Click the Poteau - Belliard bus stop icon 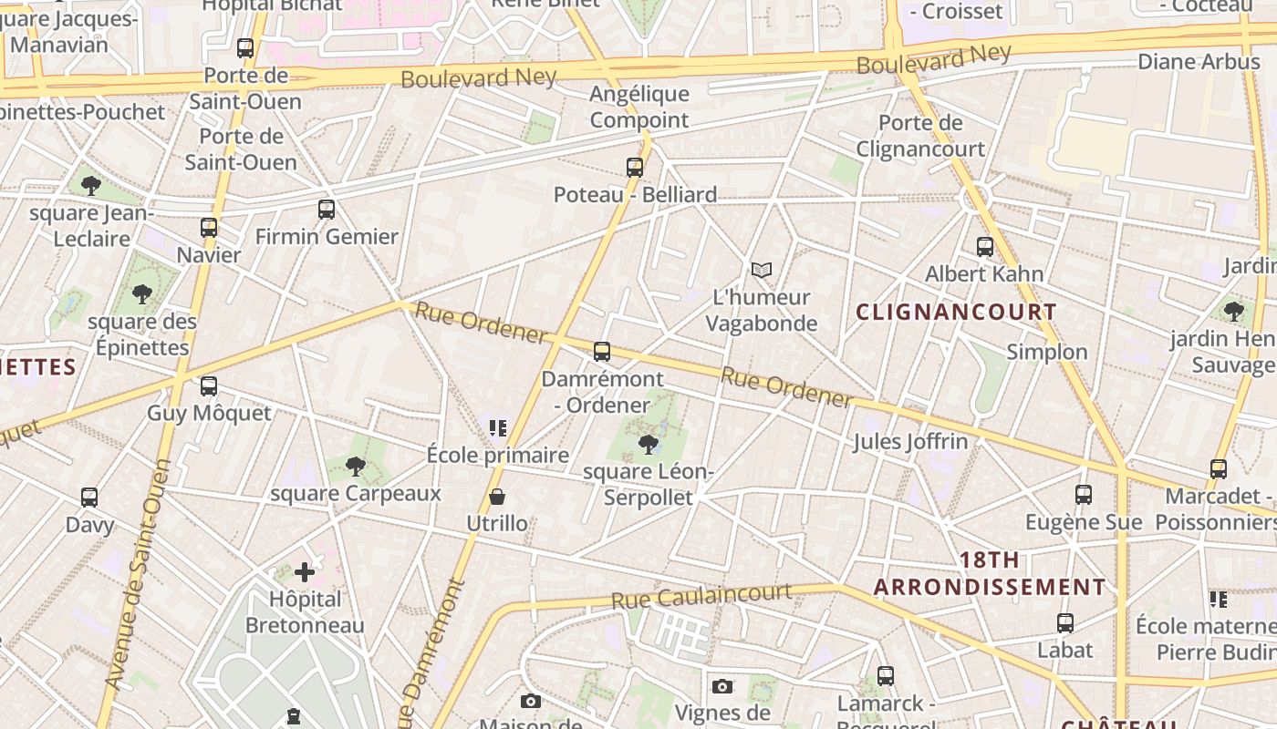coord(635,168)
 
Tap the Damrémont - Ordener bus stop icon coord(602,352)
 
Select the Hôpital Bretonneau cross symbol coord(305,572)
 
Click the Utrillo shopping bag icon coord(497,497)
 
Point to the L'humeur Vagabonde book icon coord(762,270)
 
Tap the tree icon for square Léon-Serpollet coord(649,445)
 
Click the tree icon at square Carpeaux coord(356,467)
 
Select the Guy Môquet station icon coord(209,386)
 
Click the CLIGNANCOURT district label coord(956,312)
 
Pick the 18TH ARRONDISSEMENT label coord(990,573)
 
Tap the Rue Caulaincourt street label coord(701,596)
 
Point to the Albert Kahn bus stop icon coord(985,246)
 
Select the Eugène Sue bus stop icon coord(1084,495)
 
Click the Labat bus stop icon coord(1065,623)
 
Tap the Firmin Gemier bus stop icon coord(327,210)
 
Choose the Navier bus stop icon coord(209,228)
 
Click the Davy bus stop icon coord(89,498)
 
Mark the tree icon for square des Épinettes coord(141,294)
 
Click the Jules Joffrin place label coord(910,442)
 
